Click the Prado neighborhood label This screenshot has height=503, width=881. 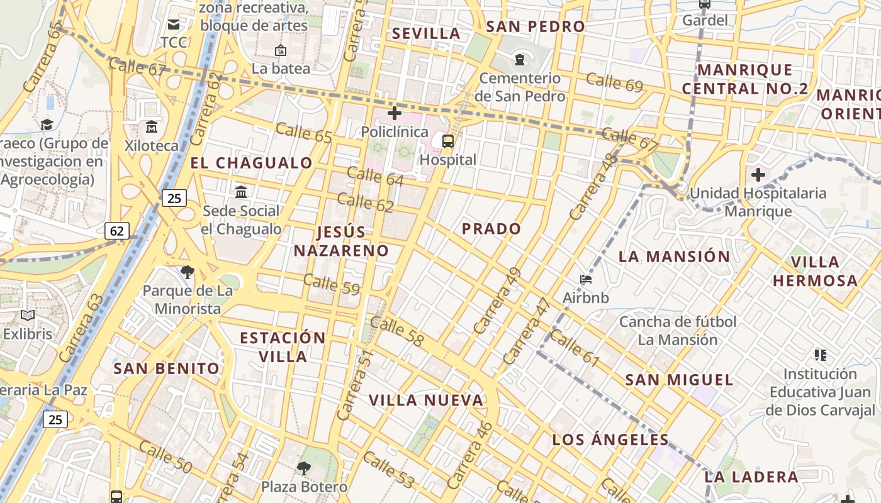tap(491, 229)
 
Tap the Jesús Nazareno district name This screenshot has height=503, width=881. tap(341, 241)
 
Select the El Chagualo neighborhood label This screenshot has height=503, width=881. tap(251, 163)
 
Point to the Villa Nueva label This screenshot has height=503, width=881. tap(426, 401)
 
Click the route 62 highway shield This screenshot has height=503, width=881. tap(117, 231)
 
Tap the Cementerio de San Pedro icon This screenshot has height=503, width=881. tap(519, 60)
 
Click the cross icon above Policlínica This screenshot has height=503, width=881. tap(395, 113)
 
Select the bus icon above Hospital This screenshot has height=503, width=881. tap(448, 141)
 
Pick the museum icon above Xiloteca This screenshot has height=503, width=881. tap(151, 127)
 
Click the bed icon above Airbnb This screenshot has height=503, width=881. tap(586, 279)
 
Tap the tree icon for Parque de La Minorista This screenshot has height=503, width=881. tap(187, 272)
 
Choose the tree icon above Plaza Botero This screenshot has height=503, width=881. tap(304, 468)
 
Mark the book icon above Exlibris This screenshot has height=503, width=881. tap(28, 315)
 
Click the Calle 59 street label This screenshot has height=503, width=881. tap(332, 284)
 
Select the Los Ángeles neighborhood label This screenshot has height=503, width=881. tap(610, 439)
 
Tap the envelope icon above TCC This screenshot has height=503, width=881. tap(173, 25)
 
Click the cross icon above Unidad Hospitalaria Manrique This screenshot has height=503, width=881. tap(758, 174)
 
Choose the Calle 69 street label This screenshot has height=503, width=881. tap(614, 82)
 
